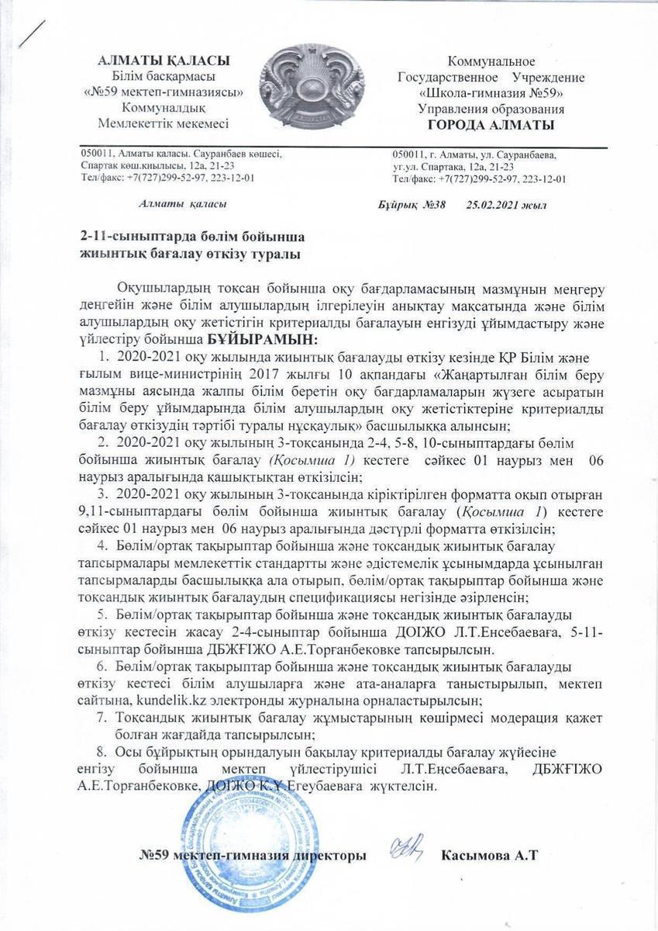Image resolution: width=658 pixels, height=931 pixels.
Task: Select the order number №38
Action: point(432,205)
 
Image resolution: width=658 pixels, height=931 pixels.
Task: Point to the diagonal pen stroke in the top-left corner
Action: point(33,33)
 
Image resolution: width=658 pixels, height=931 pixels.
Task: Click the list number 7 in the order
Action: point(101,718)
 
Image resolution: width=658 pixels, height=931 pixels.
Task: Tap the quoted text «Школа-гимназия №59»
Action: point(491,94)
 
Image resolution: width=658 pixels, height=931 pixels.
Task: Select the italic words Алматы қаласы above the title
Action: point(183,204)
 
